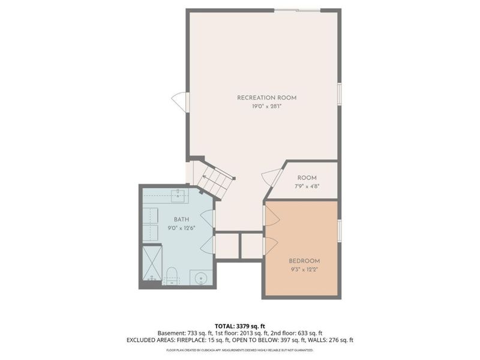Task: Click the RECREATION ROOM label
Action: [266, 98]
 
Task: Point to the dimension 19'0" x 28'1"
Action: [266, 106]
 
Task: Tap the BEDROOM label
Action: [304, 261]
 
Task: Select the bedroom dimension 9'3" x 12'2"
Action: [304, 269]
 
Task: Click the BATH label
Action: [181, 220]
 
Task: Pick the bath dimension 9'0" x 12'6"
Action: [181, 228]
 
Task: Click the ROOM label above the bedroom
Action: [307, 178]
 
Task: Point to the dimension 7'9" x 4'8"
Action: [307, 186]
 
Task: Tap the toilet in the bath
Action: [172, 276]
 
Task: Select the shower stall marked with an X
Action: [151, 264]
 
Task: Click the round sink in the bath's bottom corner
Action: [201, 278]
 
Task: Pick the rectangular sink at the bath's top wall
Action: [178, 194]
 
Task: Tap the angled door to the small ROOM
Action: [272, 178]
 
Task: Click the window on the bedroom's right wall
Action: [340, 231]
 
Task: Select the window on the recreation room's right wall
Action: [340, 94]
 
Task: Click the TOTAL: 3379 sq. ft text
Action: [239, 326]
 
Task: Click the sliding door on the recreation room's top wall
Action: [298, 10]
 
